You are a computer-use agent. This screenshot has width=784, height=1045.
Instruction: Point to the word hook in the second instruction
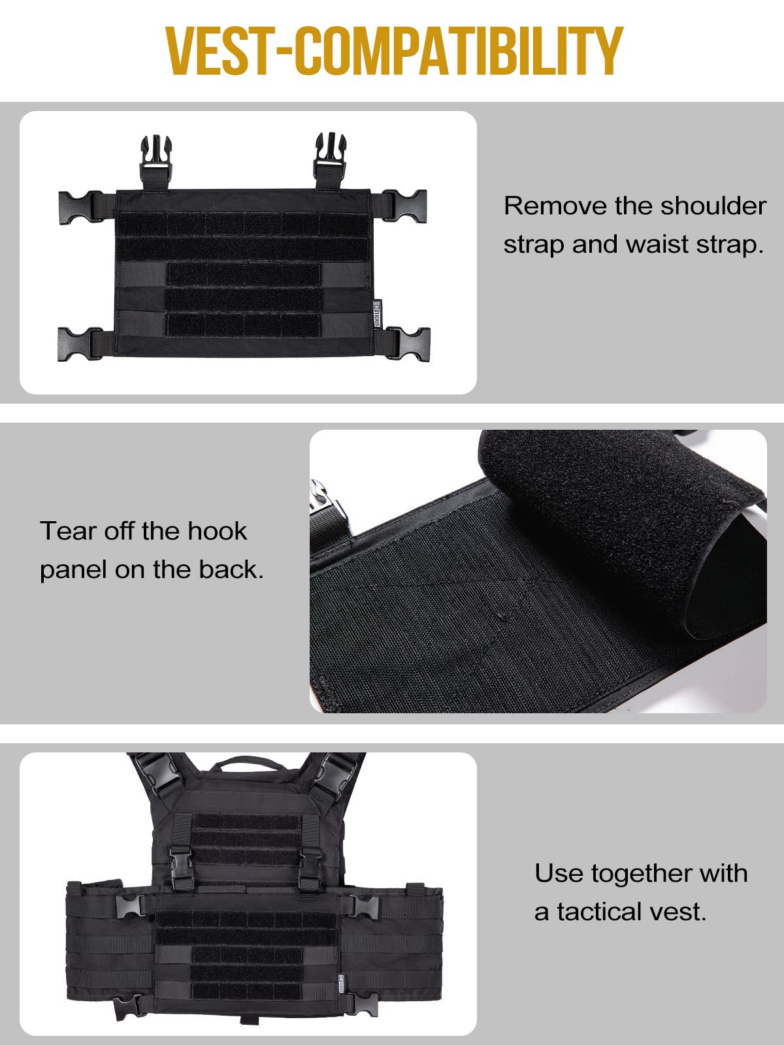(218, 531)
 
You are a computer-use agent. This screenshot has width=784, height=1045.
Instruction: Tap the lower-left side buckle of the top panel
(79, 342)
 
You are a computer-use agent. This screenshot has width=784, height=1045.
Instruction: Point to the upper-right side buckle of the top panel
(406, 206)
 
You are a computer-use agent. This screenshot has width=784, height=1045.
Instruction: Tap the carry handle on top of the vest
(240, 765)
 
